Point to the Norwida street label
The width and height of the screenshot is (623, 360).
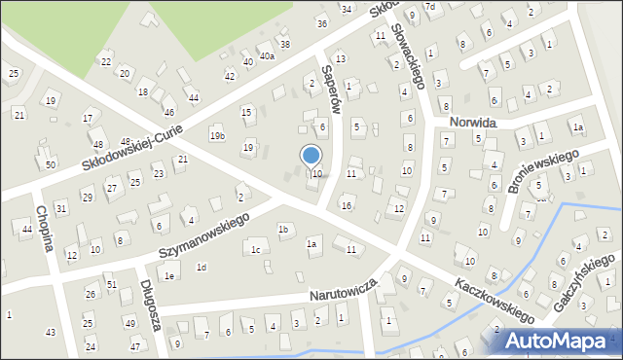(x=473, y=124)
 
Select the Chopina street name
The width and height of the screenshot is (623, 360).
(x=45, y=230)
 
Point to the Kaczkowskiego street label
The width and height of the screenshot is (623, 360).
(x=494, y=299)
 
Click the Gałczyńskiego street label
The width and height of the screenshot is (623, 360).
(x=581, y=283)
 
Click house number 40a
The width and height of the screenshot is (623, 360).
(x=266, y=56)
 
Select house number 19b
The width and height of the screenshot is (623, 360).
(x=216, y=136)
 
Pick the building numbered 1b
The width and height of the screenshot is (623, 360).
(x=283, y=230)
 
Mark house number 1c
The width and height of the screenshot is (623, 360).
(x=255, y=250)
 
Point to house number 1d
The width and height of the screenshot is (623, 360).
(x=201, y=267)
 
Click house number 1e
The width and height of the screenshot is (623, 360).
(x=168, y=276)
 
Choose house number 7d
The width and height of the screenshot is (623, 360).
(x=429, y=7)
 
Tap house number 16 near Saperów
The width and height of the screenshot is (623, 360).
(x=346, y=205)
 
